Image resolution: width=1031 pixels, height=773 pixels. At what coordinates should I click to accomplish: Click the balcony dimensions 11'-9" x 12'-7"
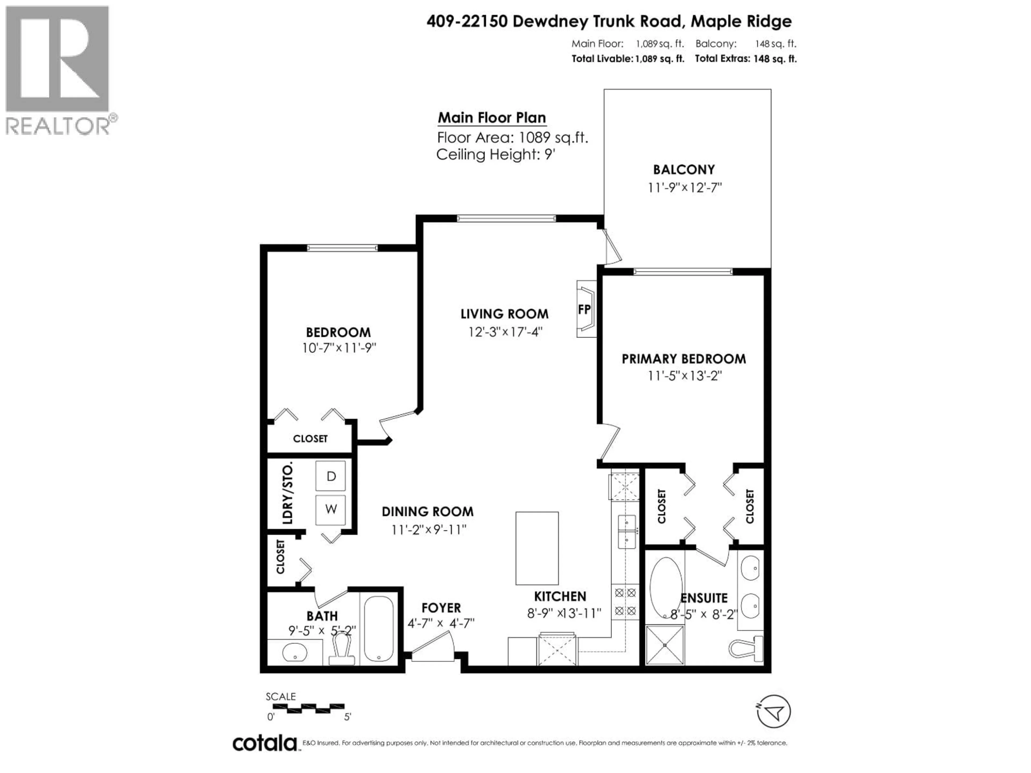click(684, 188)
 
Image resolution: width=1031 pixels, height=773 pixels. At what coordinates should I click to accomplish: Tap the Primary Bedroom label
click(683, 359)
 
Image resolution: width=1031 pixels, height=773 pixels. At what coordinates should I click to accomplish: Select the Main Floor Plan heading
click(492, 118)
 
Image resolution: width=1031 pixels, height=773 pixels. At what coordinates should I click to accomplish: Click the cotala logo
click(264, 743)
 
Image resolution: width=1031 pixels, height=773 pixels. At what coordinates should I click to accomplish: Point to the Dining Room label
click(427, 512)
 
